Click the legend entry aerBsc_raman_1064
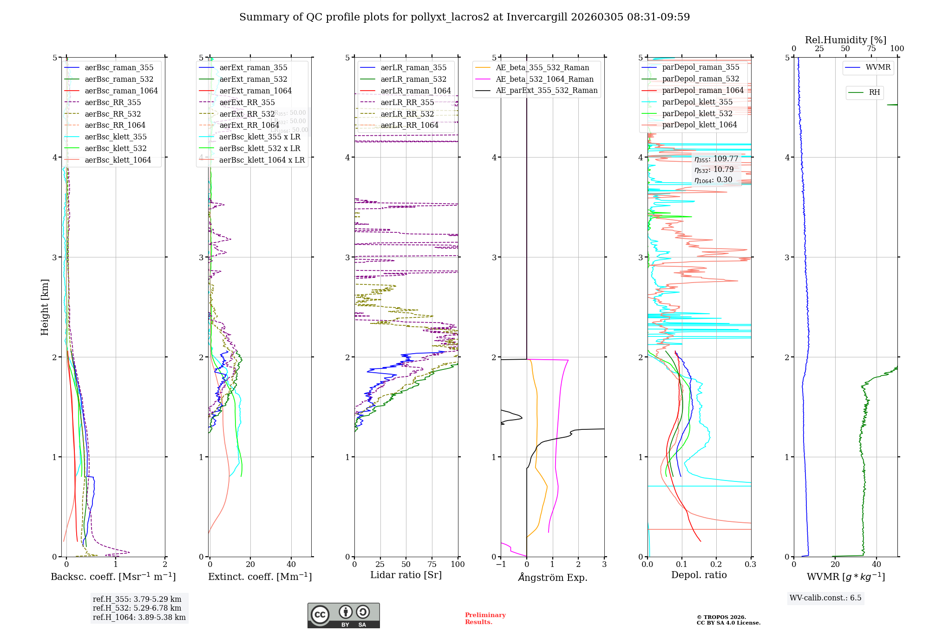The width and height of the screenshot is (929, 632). pos(121,91)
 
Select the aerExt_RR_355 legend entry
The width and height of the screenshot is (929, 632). pos(247,102)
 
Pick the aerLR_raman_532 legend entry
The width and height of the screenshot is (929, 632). pos(413,79)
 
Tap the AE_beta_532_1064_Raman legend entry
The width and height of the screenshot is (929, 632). pos(544,79)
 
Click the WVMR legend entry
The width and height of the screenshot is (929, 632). pos(878,67)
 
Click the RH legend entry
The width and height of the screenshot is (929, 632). pos(874,92)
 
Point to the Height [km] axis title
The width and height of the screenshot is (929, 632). pos(45,307)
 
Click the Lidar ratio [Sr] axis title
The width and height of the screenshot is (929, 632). pos(406,575)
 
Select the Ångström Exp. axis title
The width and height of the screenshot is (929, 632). pos(552,577)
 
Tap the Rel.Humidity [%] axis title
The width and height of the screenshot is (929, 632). pos(845,40)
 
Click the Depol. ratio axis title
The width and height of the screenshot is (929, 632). pos(699,575)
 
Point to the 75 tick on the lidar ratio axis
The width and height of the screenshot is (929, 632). pos(432,564)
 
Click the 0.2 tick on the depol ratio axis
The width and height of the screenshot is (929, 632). pos(716,564)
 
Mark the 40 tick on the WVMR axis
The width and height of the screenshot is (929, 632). pos(877,564)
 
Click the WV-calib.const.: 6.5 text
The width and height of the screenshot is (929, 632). pos(825,598)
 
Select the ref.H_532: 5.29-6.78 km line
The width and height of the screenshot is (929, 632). pos(137,608)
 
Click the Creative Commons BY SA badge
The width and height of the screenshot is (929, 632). pos(343,615)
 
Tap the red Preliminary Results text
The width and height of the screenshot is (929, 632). pos(485,619)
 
